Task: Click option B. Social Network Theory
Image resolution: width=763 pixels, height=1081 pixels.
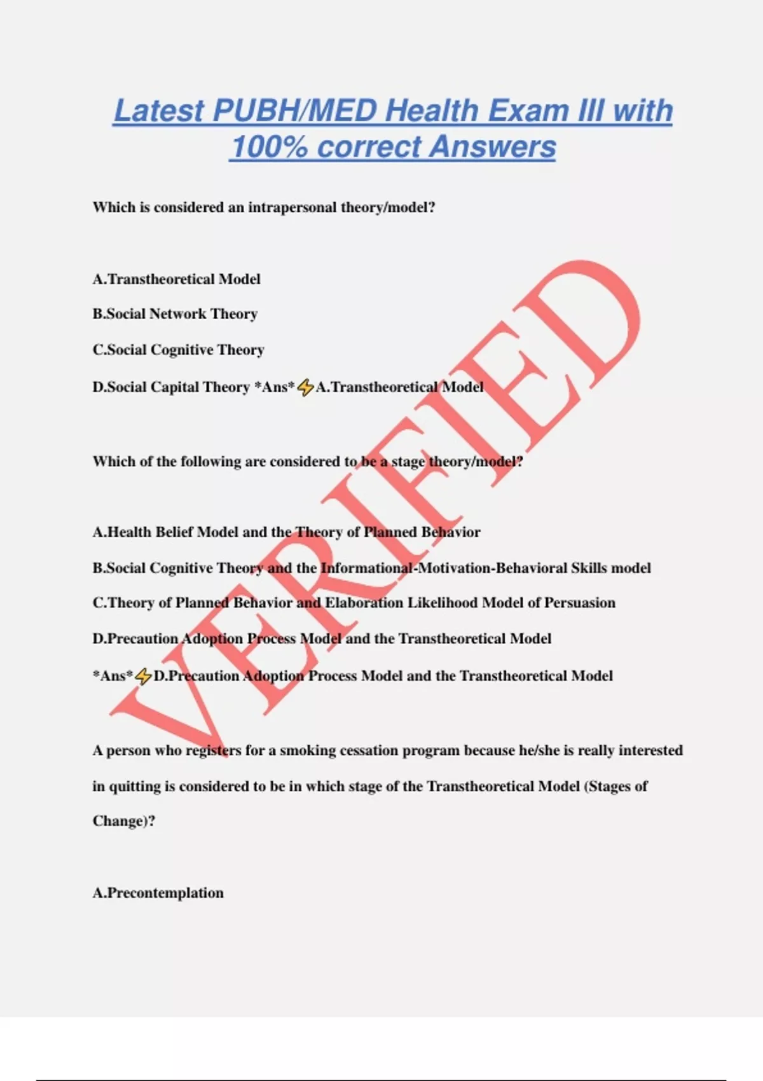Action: click(175, 314)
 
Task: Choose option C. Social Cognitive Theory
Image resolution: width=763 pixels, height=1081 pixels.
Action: click(178, 350)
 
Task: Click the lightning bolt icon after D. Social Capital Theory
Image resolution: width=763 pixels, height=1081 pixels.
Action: click(306, 387)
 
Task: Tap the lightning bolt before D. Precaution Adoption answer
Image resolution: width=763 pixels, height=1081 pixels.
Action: click(144, 677)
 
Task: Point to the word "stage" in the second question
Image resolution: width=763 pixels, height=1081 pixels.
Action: click(408, 462)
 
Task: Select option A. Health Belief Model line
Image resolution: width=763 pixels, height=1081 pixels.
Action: click(286, 532)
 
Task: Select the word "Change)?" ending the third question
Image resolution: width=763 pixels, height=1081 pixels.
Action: click(124, 821)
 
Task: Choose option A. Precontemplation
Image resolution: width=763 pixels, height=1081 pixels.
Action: click(158, 893)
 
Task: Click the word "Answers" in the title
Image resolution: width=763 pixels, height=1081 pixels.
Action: click(493, 147)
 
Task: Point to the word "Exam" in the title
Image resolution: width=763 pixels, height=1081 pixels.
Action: click(527, 111)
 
